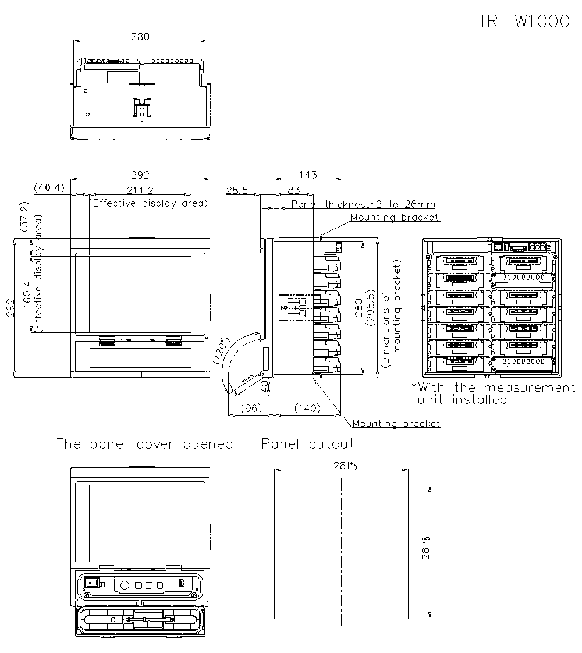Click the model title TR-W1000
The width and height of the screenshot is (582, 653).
pyautogui.click(x=523, y=22)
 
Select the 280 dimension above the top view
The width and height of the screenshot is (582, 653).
pyautogui.click(x=140, y=36)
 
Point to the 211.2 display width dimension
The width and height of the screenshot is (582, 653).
pyautogui.click(x=140, y=190)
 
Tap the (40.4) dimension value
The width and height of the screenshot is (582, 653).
pyautogui.click(x=49, y=187)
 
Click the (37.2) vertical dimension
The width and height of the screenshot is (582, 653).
pyautogui.click(x=24, y=217)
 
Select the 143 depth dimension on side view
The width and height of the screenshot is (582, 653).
pyautogui.click(x=307, y=174)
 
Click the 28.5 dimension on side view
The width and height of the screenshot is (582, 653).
pyautogui.click(x=237, y=190)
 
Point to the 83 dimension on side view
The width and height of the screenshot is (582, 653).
pyautogui.click(x=294, y=190)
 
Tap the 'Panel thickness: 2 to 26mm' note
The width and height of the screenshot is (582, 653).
pyautogui.click(x=363, y=204)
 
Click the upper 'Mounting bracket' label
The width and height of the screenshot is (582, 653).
pyautogui.click(x=395, y=217)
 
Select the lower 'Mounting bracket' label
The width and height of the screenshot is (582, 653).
pyautogui.click(x=396, y=423)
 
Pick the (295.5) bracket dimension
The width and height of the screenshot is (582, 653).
pyautogui.click(x=371, y=307)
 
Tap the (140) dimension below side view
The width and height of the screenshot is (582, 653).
pyautogui.click(x=307, y=408)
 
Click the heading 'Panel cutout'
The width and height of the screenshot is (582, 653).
pyautogui.click(x=307, y=444)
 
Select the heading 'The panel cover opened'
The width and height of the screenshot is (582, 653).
pyautogui.click(x=144, y=444)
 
